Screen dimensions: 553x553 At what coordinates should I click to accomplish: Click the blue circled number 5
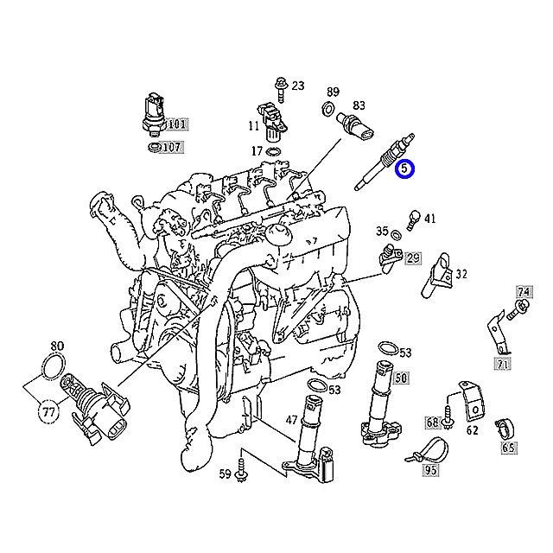(404, 170)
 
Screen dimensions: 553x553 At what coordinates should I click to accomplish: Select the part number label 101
(177, 124)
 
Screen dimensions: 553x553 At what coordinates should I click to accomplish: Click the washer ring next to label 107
(152, 148)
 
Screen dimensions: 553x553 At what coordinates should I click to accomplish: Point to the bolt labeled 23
(281, 86)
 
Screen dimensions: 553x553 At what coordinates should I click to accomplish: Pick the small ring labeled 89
(329, 109)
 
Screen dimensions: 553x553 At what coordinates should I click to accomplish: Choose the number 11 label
(253, 126)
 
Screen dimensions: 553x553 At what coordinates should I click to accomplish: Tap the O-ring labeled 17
(274, 152)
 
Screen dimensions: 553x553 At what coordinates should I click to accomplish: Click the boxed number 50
(402, 378)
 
